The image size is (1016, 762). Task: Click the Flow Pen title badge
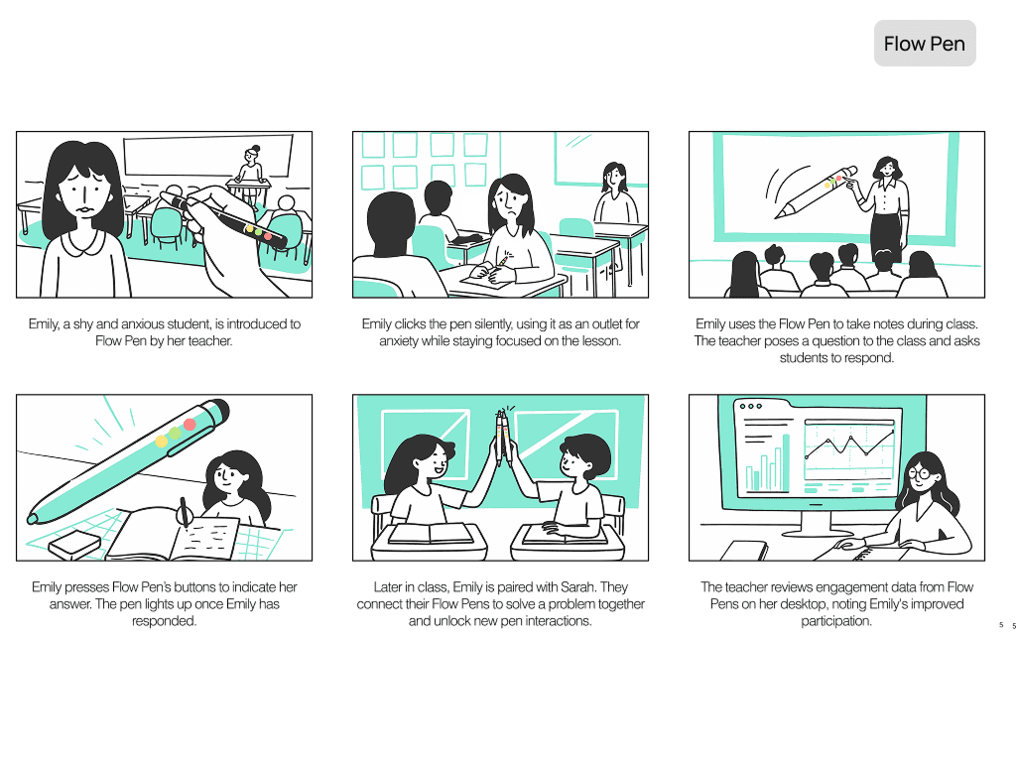coord(925,44)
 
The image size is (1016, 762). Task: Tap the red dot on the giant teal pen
coord(190,425)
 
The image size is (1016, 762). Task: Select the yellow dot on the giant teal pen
coord(161,442)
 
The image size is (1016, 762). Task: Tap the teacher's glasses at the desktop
coord(920,473)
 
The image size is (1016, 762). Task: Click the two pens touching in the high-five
coord(503,437)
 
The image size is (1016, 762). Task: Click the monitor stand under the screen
coord(816,521)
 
